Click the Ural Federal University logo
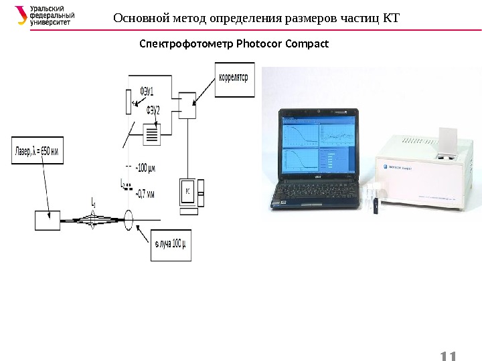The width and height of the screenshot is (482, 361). (x=44, y=15)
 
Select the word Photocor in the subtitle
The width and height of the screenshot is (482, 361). (x=255, y=45)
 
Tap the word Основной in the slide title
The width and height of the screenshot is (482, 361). (x=137, y=17)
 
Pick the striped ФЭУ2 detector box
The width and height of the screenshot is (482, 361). (x=153, y=136)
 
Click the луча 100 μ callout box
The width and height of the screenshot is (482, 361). (x=169, y=245)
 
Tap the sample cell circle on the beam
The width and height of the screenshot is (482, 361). (x=129, y=219)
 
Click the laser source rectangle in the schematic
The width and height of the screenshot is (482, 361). (x=47, y=221)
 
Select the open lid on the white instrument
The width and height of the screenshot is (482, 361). (x=447, y=138)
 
